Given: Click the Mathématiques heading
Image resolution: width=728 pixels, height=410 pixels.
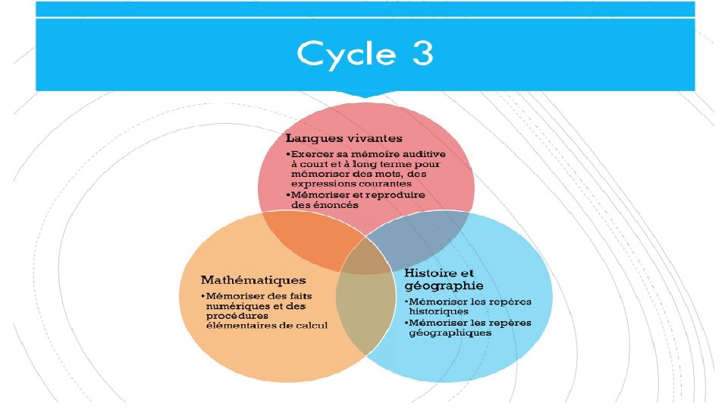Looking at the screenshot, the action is tap(253, 280).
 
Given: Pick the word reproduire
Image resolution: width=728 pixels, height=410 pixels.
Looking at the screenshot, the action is tap(395, 194).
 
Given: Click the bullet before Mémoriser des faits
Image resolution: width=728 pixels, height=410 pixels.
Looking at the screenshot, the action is tap(202, 295).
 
